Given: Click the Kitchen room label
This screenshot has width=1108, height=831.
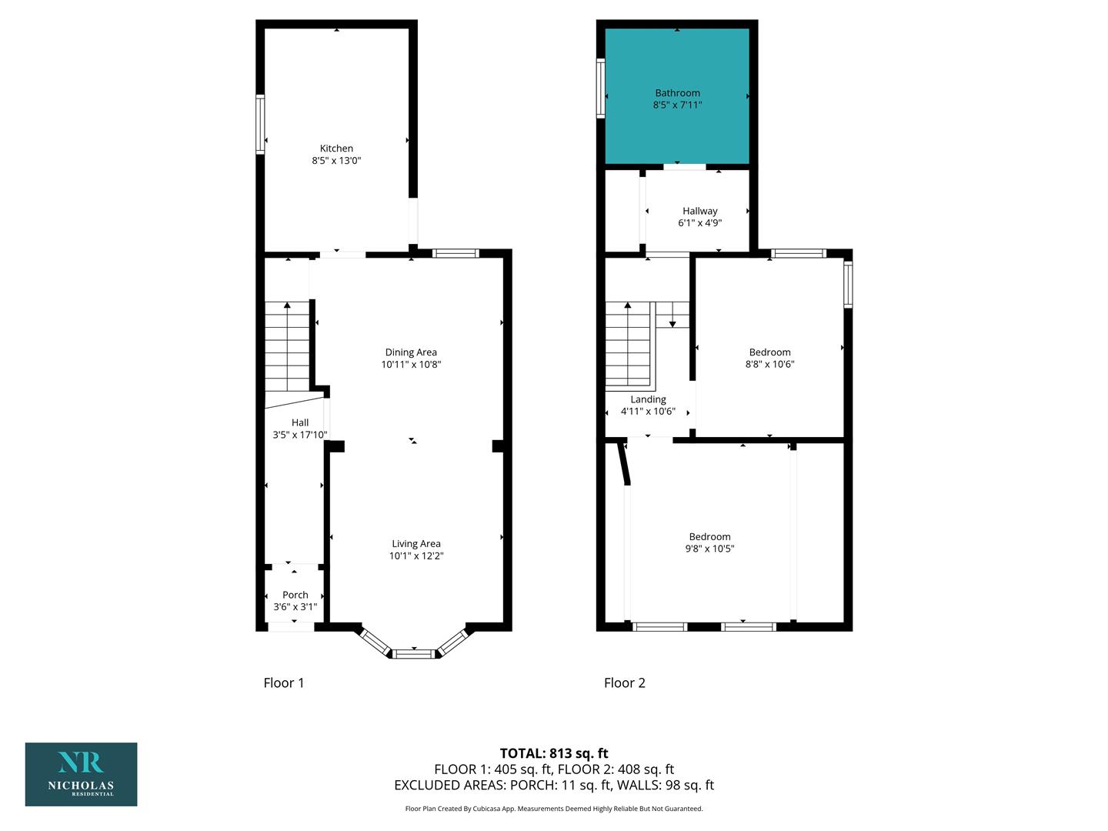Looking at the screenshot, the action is point(336,149).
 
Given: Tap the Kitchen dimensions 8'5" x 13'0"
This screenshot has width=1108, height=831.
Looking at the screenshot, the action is point(336,161).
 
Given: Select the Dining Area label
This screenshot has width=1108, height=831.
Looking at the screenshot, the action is point(411,352).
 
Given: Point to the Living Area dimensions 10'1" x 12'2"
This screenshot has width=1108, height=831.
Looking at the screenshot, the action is point(416,556).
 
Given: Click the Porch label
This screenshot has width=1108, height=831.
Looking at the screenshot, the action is point(295,595).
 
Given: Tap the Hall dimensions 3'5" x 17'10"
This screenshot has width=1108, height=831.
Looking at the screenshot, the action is point(300,435).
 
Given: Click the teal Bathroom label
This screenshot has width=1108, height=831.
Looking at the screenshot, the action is point(677,93).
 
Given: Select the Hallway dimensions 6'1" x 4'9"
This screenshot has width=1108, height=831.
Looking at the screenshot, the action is point(699,223).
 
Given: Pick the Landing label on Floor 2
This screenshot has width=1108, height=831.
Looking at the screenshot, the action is point(648,399).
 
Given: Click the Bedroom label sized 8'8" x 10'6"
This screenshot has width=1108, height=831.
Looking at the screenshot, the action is point(769,352).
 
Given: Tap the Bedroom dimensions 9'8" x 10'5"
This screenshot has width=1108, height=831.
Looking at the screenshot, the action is point(709,549).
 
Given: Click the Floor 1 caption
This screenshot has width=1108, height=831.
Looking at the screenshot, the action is point(284,682).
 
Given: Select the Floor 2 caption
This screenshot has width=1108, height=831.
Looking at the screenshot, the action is point(625,682).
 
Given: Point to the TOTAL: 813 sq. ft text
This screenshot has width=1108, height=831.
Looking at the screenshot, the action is point(554,753).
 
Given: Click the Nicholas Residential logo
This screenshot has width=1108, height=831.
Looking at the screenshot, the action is point(82,774).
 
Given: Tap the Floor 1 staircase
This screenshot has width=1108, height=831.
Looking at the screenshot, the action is point(287,346).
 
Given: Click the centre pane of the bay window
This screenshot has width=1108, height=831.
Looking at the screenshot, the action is point(414,654).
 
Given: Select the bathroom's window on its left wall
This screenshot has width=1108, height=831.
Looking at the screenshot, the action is point(601,88).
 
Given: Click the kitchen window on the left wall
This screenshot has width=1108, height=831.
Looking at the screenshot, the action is point(260,124).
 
